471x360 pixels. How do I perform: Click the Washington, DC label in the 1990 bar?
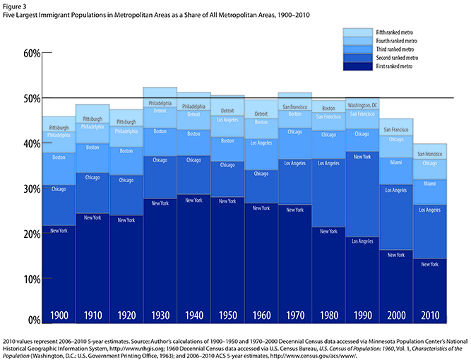pos(362,104)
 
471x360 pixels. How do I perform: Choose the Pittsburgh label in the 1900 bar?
pos(59,128)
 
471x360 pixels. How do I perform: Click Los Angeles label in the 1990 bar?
pos(362,241)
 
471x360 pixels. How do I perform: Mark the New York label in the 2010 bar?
pos(431,263)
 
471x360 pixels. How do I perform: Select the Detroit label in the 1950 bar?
pos(227,111)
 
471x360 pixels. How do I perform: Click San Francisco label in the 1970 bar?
pos(295,107)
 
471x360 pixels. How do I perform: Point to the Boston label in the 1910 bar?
pos(93,148)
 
